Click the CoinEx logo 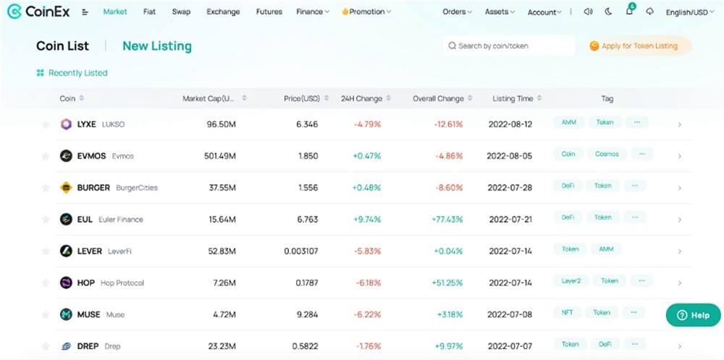click(x=38, y=12)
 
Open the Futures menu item click(x=269, y=12)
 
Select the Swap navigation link click(x=181, y=12)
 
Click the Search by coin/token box click(x=508, y=46)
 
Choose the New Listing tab click(x=157, y=46)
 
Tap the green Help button click(x=693, y=315)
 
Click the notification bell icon click(x=629, y=12)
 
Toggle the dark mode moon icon click(x=608, y=12)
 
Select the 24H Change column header click(x=361, y=99)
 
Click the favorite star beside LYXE click(x=46, y=125)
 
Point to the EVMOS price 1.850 click(x=307, y=156)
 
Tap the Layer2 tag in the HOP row click(x=571, y=281)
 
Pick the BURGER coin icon click(x=66, y=188)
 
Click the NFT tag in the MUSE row click(x=567, y=313)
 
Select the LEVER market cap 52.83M click(x=221, y=251)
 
